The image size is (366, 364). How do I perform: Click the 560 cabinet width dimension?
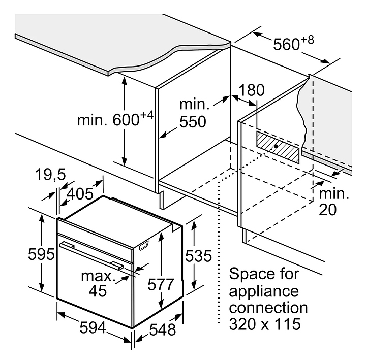286,45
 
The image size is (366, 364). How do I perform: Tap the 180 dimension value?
253,90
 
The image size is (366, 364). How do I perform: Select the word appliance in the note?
263,291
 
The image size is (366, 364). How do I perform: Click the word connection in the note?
268,308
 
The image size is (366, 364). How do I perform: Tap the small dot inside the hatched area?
275,146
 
